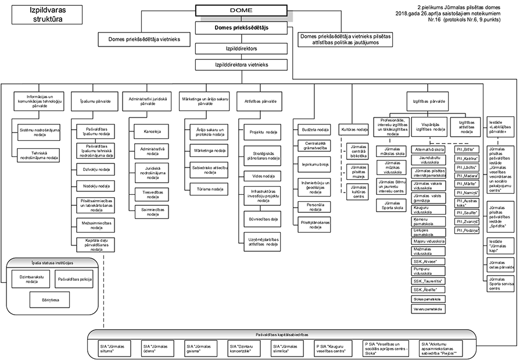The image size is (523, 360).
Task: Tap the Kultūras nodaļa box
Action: [x=354, y=129]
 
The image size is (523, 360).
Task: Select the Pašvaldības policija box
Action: [x=74, y=280]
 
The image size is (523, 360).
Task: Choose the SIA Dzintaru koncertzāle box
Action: [x=243, y=348]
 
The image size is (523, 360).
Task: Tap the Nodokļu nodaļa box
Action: [x=96, y=186]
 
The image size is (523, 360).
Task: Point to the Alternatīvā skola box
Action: [x=429, y=149]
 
